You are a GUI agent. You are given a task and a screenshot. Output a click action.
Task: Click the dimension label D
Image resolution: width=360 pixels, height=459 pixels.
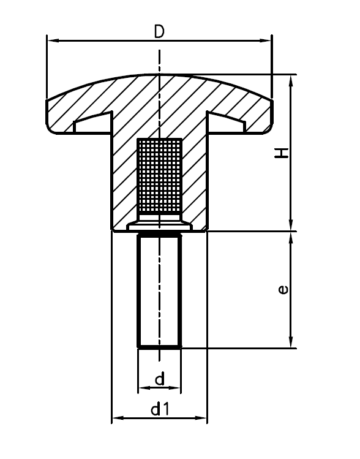pyautogui.click(x=159, y=31)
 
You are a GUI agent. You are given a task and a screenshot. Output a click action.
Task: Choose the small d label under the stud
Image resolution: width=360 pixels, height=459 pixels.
pyautogui.click(x=159, y=379)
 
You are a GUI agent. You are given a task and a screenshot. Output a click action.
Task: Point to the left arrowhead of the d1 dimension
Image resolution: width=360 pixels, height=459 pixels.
pyautogui.click(x=116, y=419)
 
